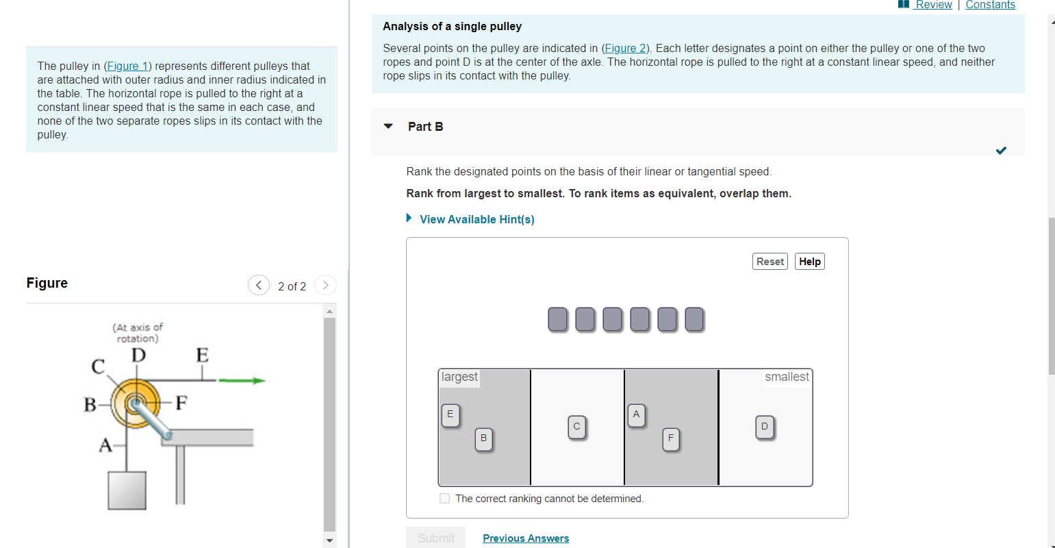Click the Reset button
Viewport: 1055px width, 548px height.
770,262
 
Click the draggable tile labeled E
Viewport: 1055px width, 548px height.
450,414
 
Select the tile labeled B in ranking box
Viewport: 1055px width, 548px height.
483,438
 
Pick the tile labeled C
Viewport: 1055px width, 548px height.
576,427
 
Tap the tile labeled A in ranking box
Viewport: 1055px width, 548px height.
636,414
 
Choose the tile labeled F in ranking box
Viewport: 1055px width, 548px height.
671,438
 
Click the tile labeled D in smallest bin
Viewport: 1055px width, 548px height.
765,427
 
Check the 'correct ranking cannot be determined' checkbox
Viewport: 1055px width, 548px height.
445,499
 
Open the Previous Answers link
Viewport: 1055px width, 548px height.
526,538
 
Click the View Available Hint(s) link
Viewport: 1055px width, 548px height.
476,219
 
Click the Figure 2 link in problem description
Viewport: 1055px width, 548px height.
626,48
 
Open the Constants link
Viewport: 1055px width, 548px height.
990,5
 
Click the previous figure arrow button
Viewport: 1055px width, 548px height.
259,285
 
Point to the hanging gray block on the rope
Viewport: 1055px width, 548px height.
127,490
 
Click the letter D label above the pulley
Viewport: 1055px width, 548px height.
138,356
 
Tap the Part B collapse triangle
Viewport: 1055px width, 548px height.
389,126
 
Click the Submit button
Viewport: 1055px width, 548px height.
435,538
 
